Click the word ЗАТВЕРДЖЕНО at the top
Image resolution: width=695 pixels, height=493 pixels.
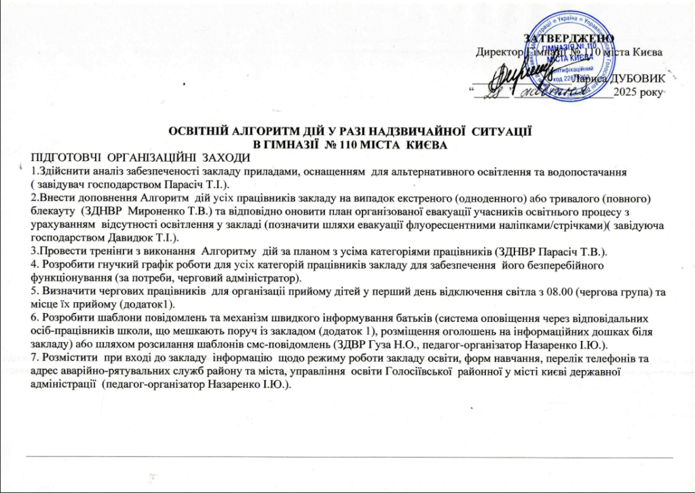(x=569, y=37)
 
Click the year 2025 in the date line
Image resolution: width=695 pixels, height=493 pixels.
(x=624, y=92)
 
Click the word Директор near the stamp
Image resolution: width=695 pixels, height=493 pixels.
(x=498, y=52)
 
